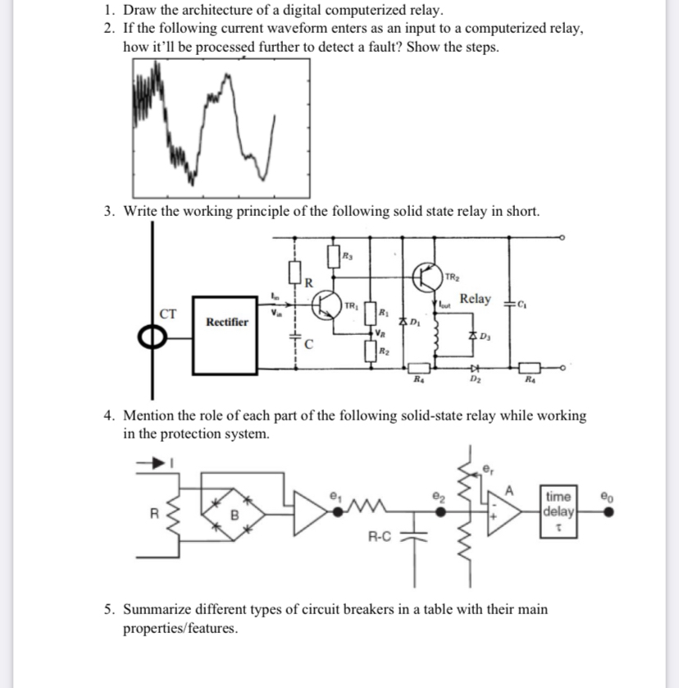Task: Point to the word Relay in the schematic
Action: pyautogui.click(x=476, y=299)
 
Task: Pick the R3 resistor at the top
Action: pyautogui.click(x=335, y=255)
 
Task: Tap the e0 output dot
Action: pyautogui.click(x=608, y=509)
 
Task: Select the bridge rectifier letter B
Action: pyautogui.click(x=233, y=516)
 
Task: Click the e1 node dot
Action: pyautogui.click(x=337, y=509)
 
